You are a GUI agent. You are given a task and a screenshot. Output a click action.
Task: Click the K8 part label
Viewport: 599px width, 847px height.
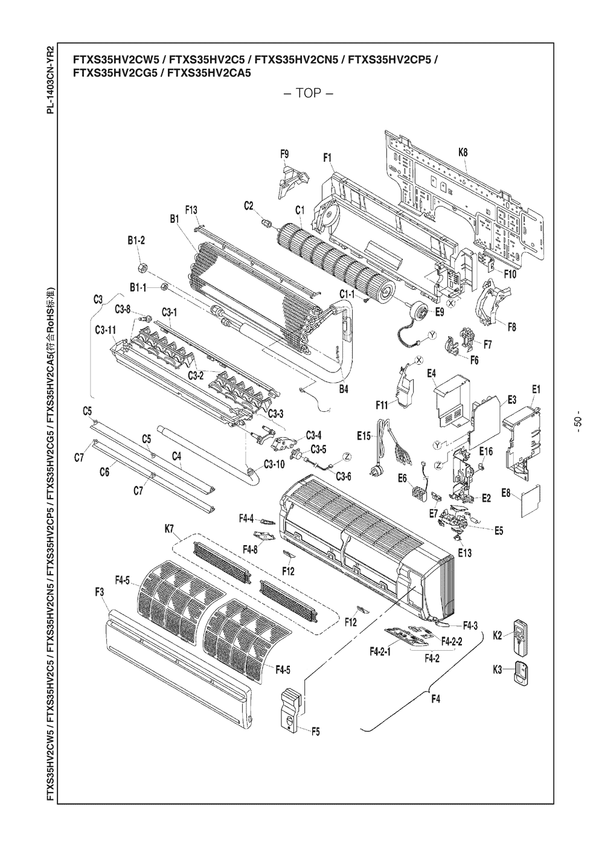(463, 153)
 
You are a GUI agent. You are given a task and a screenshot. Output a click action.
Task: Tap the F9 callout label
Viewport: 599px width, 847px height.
(284, 155)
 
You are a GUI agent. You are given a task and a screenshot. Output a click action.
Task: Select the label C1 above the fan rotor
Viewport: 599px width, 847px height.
(300, 210)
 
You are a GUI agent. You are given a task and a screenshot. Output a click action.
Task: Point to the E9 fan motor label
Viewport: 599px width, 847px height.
(439, 312)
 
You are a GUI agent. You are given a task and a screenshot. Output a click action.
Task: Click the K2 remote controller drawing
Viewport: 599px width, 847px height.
(520, 636)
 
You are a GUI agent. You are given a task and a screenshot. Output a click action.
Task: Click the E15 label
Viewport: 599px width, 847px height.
(364, 436)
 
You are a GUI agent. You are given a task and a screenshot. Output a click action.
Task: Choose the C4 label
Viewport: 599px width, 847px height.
(177, 456)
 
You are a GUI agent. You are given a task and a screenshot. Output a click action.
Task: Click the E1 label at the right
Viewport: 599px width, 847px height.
(535, 389)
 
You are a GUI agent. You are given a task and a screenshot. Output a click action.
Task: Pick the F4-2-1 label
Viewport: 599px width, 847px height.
(380, 652)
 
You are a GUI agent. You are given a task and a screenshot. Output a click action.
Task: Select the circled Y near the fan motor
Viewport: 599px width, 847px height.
(432, 336)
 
